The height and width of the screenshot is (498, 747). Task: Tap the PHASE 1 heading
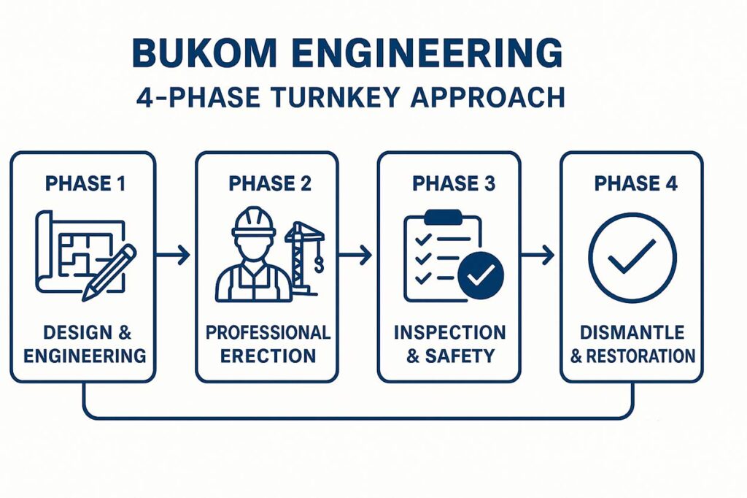[85, 184]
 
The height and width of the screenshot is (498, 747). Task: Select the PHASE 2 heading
[270, 184]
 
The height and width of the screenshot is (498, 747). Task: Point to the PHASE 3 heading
[454, 184]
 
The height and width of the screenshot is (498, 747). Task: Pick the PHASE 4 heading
[635, 184]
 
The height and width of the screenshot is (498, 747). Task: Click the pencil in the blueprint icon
[109, 272]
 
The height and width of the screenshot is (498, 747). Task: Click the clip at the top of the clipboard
[443, 217]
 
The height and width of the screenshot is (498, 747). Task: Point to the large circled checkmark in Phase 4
[632, 258]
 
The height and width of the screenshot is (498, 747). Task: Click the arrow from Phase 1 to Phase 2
[172, 255]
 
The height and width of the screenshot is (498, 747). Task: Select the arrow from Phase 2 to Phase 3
[355, 255]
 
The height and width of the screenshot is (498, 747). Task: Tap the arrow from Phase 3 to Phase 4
[538, 255]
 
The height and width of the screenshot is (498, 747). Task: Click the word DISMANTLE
[632, 332]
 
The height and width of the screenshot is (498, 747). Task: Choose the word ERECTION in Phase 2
[268, 356]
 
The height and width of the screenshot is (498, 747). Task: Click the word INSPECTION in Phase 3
[449, 332]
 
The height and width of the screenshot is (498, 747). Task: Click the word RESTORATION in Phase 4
[640, 356]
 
